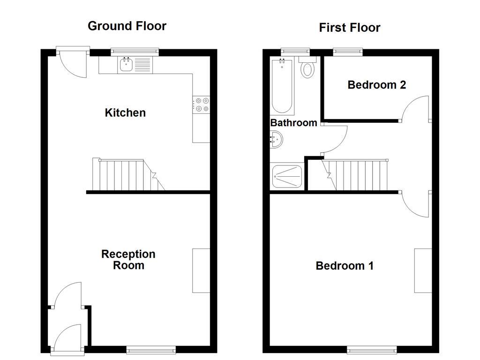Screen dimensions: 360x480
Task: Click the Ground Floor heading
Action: point(127,26)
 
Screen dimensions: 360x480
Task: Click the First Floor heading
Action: point(349,28)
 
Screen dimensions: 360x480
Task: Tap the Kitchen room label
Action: point(125,113)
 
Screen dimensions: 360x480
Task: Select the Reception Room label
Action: point(128,260)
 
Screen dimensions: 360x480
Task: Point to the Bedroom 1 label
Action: point(345,266)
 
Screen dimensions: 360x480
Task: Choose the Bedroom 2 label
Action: point(376,85)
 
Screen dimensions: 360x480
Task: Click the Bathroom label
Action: point(293,123)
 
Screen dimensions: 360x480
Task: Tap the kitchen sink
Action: point(126,65)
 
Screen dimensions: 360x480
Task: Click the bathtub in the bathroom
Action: point(282,87)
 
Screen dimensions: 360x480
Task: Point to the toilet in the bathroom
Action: point(307,68)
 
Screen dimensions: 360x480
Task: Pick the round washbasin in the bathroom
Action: point(277,140)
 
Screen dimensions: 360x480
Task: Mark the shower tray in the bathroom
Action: point(287,177)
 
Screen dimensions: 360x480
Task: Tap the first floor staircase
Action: point(356,175)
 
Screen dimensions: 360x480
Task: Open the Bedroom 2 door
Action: point(416,109)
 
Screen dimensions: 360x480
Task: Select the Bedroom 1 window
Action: point(371,349)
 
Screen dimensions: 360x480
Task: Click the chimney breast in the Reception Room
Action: point(201,271)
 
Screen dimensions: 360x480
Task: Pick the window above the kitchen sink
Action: point(135,52)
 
